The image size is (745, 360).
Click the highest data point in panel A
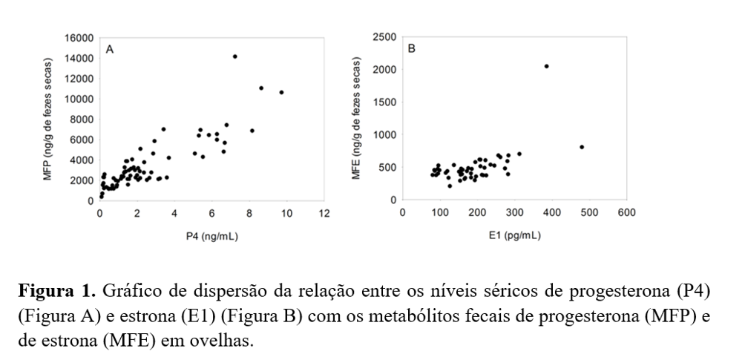pyautogui.click(x=234, y=56)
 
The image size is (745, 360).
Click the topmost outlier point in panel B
pyautogui.click(x=546, y=66)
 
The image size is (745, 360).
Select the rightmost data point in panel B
pyautogui.click(x=582, y=147)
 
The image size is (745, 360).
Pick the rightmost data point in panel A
pyautogui.click(x=281, y=92)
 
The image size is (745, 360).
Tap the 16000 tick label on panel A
pyautogui.click(x=79, y=38)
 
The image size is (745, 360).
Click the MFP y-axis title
pyautogui.click(x=50, y=118)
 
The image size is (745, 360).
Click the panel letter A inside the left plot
pyautogui.click(x=110, y=49)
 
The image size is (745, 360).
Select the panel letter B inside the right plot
pyautogui.click(x=412, y=49)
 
